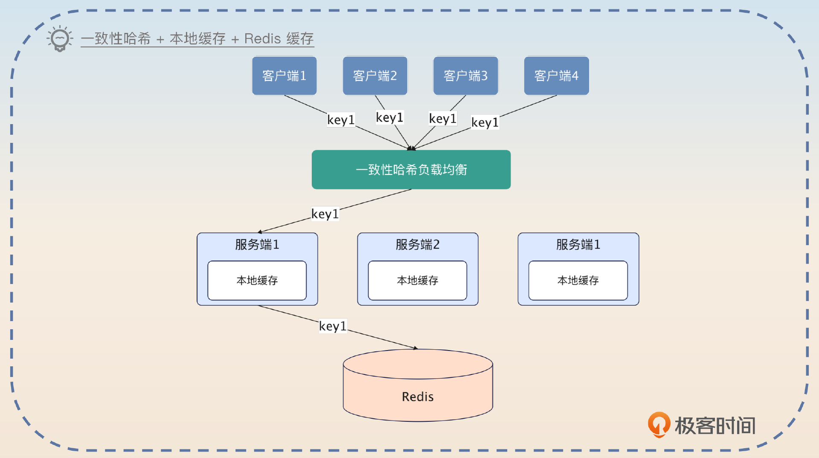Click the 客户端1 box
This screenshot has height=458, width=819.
[x=284, y=76]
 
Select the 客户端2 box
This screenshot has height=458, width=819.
[x=375, y=76]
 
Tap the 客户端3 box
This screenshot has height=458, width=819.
[x=465, y=76]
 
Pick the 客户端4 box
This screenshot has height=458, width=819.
[x=556, y=76]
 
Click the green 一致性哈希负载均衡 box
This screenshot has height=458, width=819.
[x=411, y=169]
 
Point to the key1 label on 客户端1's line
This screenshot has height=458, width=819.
[x=341, y=120]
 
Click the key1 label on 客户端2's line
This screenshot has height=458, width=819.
[x=389, y=117]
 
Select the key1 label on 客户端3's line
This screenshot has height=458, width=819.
[x=442, y=119]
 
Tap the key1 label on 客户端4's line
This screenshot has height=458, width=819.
[x=485, y=122]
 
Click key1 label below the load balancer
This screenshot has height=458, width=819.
[x=325, y=214]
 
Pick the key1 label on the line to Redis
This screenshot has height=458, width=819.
[x=333, y=326]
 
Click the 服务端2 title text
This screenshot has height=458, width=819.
[x=417, y=244]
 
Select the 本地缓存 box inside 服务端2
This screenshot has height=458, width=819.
[x=417, y=280]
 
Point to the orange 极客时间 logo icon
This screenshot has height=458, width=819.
[x=659, y=425]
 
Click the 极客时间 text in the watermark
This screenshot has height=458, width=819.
[x=715, y=426]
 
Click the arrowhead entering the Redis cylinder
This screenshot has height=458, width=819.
[x=415, y=348]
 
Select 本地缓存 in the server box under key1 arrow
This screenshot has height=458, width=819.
[x=257, y=280]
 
